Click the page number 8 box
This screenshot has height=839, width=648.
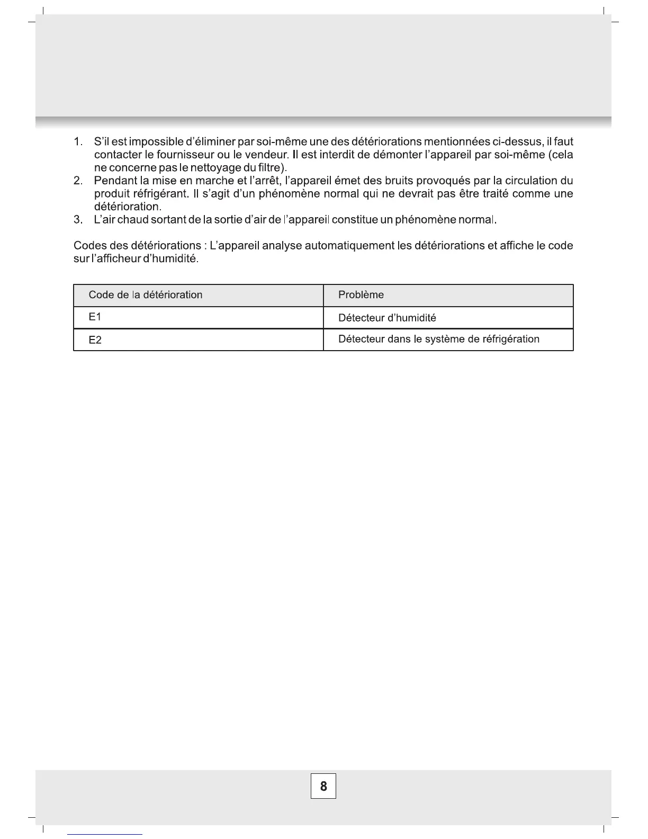pyautogui.click(x=323, y=786)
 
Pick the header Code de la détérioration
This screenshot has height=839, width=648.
pyautogui.click(x=146, y=295)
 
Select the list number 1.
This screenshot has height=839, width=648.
pyautogui.click(x=78, y=142)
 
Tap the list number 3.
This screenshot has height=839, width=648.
pyautogui.click(x=78, y=220)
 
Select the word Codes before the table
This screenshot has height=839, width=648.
pyautogui.click(x=89, y=246)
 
